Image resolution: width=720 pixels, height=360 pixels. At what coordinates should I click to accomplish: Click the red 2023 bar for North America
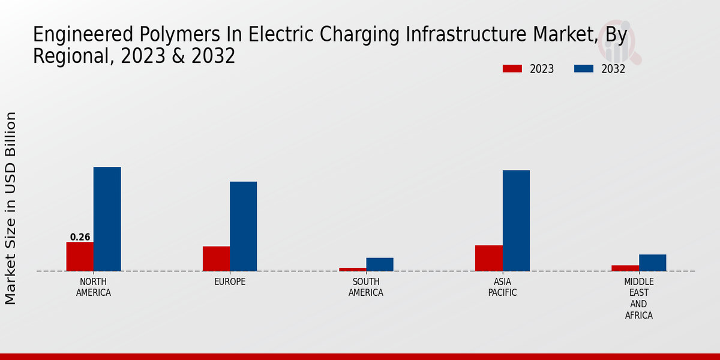pos(80,256)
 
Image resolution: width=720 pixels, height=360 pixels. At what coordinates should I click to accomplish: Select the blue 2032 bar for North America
pos(107,219)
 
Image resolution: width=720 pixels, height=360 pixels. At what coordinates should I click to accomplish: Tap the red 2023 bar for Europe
pos(216,259)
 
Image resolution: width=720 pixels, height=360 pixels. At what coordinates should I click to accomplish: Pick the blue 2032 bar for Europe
pos(243,226)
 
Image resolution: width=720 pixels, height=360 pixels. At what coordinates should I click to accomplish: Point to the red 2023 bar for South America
pos(352,269)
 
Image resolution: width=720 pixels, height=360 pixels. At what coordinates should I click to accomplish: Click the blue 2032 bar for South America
pos(380,265)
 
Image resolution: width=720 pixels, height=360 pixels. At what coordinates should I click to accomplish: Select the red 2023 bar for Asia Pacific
pos(488,258)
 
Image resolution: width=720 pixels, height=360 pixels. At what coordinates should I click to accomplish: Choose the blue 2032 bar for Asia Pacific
pos(516,221)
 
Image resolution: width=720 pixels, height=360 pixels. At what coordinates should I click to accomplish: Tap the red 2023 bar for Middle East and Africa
pos(625,268)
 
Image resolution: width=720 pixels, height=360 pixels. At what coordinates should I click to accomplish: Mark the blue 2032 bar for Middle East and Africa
pos(652,263)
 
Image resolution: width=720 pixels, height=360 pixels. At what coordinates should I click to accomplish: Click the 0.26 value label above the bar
pos(80,237)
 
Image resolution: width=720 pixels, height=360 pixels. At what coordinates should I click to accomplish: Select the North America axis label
pos(93,287)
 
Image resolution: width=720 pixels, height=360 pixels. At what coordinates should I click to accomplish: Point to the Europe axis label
pos(230,281)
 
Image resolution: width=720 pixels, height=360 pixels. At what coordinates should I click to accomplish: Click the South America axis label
pos(366,287)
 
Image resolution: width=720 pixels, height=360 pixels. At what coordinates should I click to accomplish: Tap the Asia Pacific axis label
pos(502,287)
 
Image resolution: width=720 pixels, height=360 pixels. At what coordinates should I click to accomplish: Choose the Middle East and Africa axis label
pos(638,298)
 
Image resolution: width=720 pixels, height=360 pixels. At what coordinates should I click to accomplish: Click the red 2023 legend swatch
pos(512,69)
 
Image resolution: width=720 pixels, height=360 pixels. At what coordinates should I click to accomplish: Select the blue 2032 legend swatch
pos(583,69)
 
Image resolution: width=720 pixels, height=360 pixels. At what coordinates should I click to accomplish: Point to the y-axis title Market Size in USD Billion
pos(11,208)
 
